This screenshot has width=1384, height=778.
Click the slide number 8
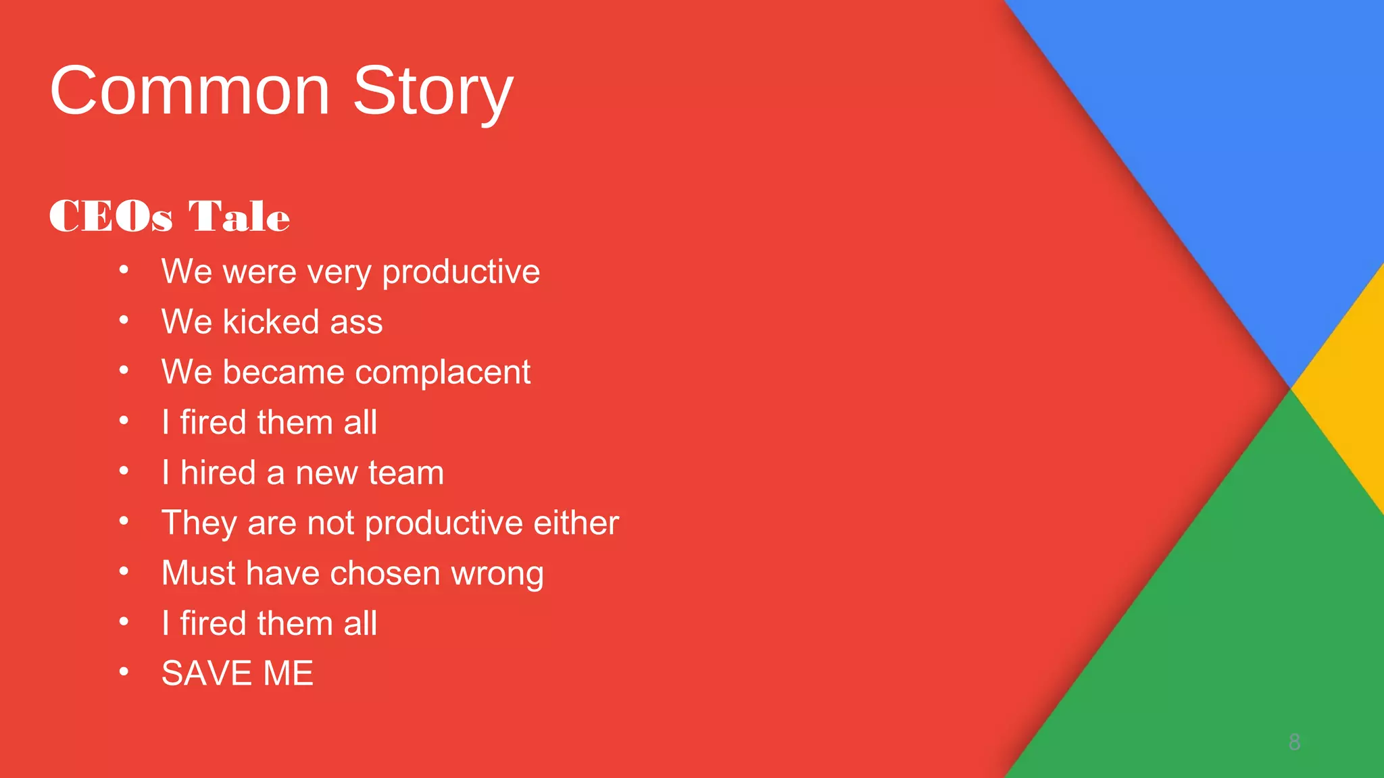pyautogui.click(x=1294, y=742)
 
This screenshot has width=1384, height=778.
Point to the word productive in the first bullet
pyautogui.click(x=460, y=272)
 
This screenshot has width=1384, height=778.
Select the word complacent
pyautogui.click(x=443, y=373)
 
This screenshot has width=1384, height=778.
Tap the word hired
pyautogui.click(x=218, y=472)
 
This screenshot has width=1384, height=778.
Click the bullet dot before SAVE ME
pyautogui.click(x=124, y=672)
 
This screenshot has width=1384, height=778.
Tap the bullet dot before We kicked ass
pyautogui.click(x=124, y=320)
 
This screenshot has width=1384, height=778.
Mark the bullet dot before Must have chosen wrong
pyautogui.click(x=124, y=571)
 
